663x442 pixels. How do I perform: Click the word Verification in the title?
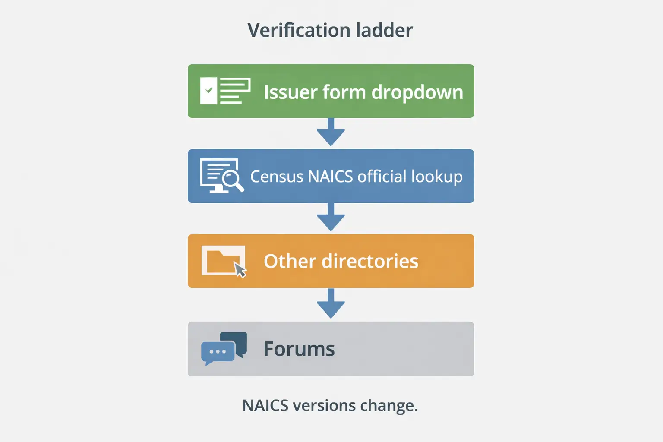(298, 30)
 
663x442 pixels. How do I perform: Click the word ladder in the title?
(384, 30)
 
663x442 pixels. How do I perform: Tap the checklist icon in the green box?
(225, 91)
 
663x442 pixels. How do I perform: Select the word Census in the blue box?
(277, 177)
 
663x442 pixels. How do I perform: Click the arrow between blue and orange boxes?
(331, 217)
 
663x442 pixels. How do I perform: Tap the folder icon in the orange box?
(221, 260)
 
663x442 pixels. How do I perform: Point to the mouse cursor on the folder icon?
(240, 270)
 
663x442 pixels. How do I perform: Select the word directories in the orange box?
(370, 261)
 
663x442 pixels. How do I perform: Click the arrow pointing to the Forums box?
(331, 303)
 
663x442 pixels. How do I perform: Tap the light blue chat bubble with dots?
(218, 352)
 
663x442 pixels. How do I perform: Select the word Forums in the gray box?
(299, 349)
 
